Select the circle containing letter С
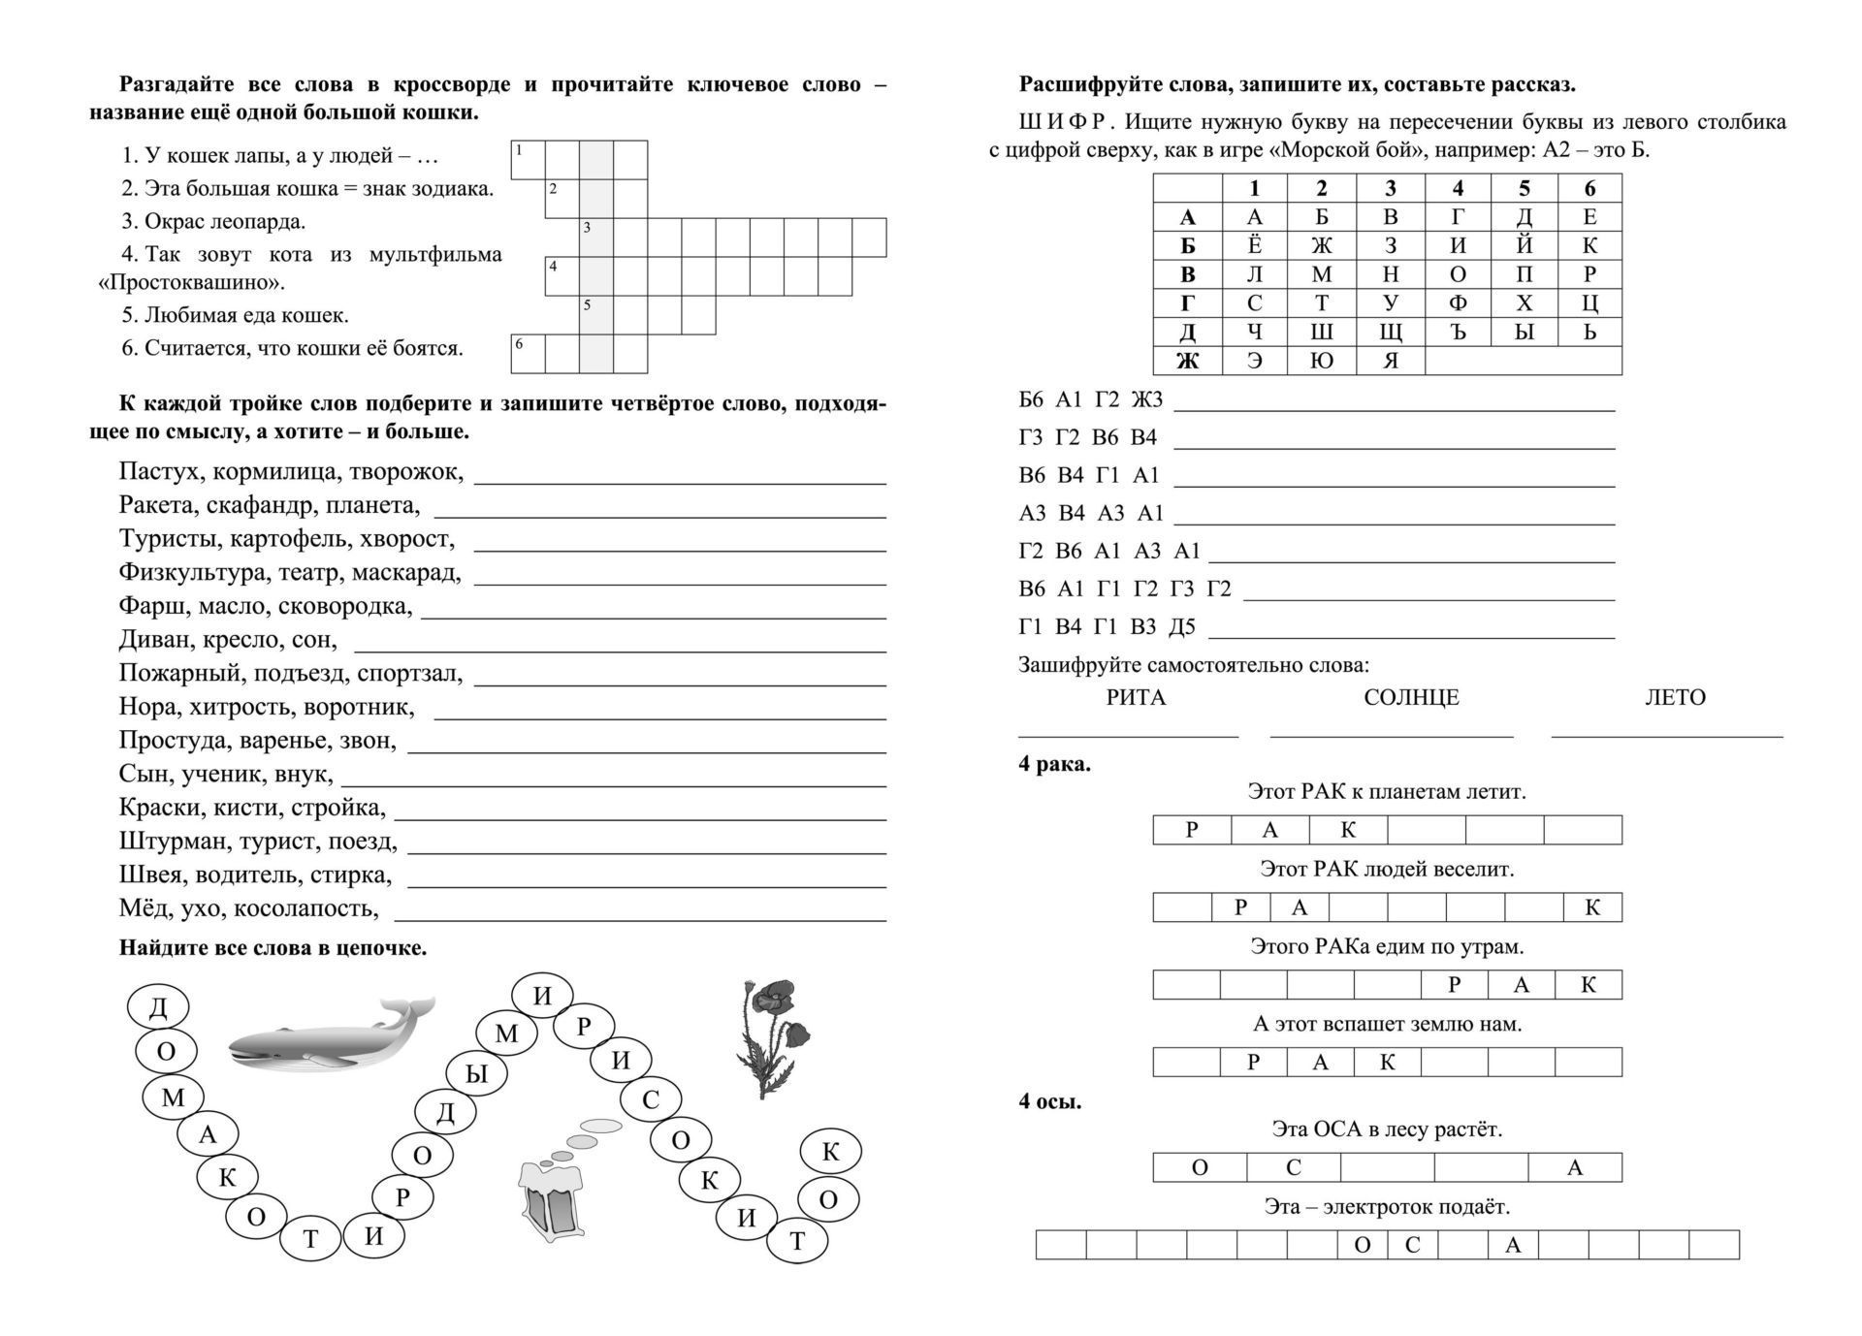[x=651, y=1098]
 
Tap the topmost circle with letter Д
[x=158, y=1008]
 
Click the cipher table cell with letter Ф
[x=1457, y=303]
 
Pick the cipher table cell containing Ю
[x=1321, y=361]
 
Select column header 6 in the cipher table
[x=1589, y=188]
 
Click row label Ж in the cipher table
[x=1187, y=361]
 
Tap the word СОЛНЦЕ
[x=1411, y=697]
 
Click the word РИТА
[x=1136, y=697]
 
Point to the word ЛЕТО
[x=1675, y=697]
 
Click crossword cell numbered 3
[x=596, y=238]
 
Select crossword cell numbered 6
[x=528, y=354]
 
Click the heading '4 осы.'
[x=1050, y=1101]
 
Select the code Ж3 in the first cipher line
[x=1147, y=399]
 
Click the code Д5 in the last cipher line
[x=1182, y=627]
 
